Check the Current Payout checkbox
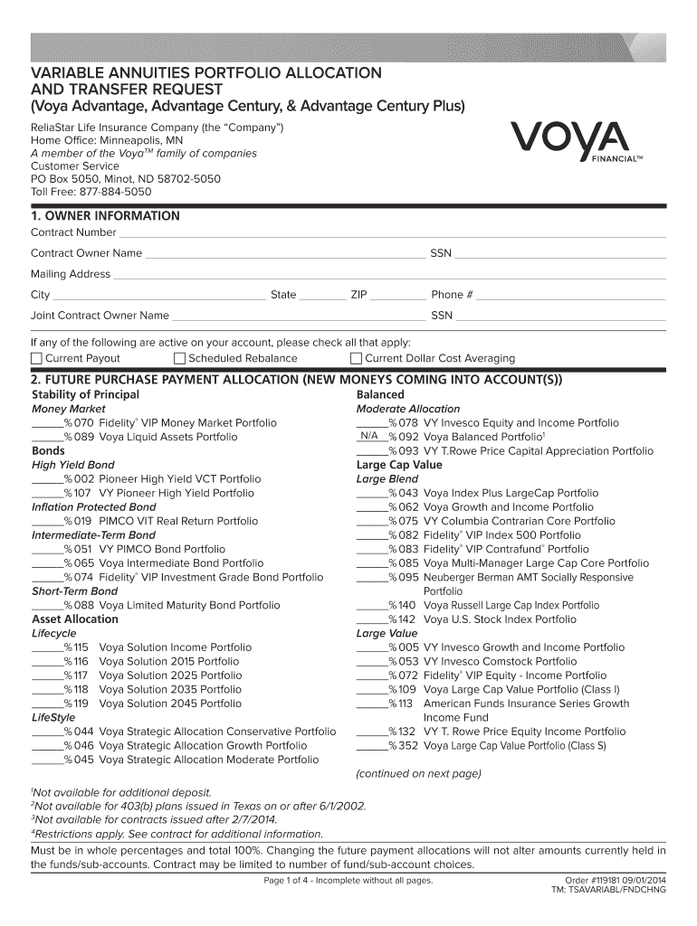36,359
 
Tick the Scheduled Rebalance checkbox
178,359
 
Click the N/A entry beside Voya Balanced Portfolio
369,436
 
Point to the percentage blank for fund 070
47,423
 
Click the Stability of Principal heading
85,395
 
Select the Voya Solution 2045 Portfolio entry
170,703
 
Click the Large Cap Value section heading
399,465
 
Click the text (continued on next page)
418,773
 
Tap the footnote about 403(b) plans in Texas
199,806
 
